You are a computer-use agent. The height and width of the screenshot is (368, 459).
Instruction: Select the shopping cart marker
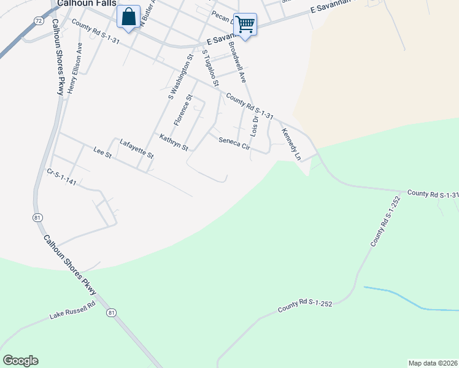click(245, 25)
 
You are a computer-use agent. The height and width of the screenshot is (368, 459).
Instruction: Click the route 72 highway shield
click(39, 20)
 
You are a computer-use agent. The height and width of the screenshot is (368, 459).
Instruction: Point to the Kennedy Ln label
click(291, 144)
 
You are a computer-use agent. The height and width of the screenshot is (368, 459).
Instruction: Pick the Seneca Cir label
click(234, 143)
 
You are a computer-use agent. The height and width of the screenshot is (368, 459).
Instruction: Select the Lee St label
click(102, 153)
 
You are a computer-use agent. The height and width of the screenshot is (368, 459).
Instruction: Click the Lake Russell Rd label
click(73, 313)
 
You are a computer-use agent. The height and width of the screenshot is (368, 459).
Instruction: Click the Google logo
click(20, 361)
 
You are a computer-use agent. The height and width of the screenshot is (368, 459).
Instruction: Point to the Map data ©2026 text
click(433, 363)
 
